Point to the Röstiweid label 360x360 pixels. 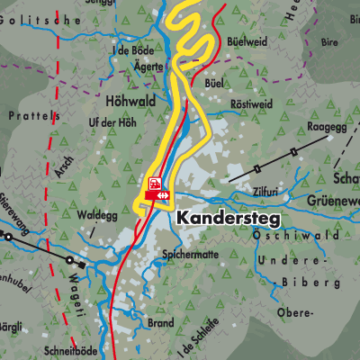255,103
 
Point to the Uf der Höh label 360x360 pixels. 118,122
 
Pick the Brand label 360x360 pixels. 160,321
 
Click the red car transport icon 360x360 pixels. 155,183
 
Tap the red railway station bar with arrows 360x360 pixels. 158,194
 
